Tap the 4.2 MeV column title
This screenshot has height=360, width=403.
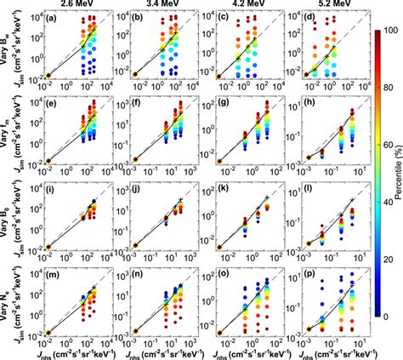click(241, 6)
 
